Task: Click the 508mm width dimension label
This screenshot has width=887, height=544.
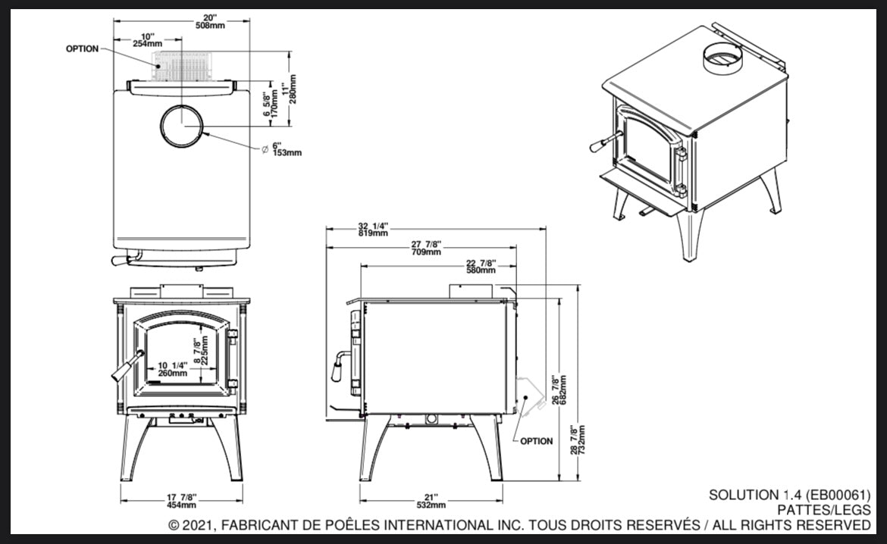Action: click(185, 26)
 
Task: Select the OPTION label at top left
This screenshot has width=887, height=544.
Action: click(82, 48)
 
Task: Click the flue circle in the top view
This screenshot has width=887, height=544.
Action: click(183, 125)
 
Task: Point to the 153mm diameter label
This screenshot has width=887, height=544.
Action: click(287, 152)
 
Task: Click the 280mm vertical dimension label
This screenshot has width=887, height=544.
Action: click(293, 88)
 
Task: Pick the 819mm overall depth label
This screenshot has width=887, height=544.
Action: click(374, 233)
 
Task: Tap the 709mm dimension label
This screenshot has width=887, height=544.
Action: click(426, 252)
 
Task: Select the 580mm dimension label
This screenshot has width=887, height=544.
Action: click(481, 270)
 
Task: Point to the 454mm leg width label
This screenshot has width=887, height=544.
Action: click(181, 505)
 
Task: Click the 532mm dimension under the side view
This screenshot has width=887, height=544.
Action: click(431, 505)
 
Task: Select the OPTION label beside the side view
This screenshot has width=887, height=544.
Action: click(537, 441)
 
